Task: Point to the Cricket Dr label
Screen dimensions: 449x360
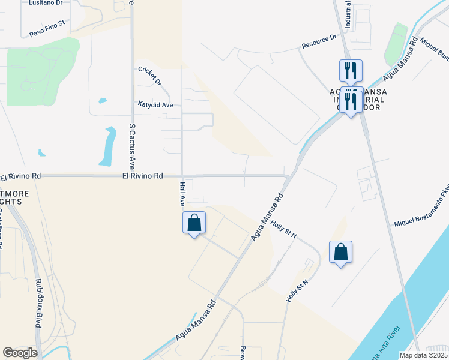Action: point(150,75)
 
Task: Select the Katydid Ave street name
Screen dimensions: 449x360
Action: point(155,104)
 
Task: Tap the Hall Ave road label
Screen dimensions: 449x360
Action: point(181,196)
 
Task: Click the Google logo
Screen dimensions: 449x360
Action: point(20,353)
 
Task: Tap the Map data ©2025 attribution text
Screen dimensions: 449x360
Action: point(424,355)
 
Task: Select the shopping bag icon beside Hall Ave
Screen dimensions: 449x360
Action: point(194,223)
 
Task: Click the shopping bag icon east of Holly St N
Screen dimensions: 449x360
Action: point(340,253)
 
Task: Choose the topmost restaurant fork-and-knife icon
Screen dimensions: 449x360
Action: point(351,70)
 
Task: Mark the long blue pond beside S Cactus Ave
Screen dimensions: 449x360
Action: point(108,146)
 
